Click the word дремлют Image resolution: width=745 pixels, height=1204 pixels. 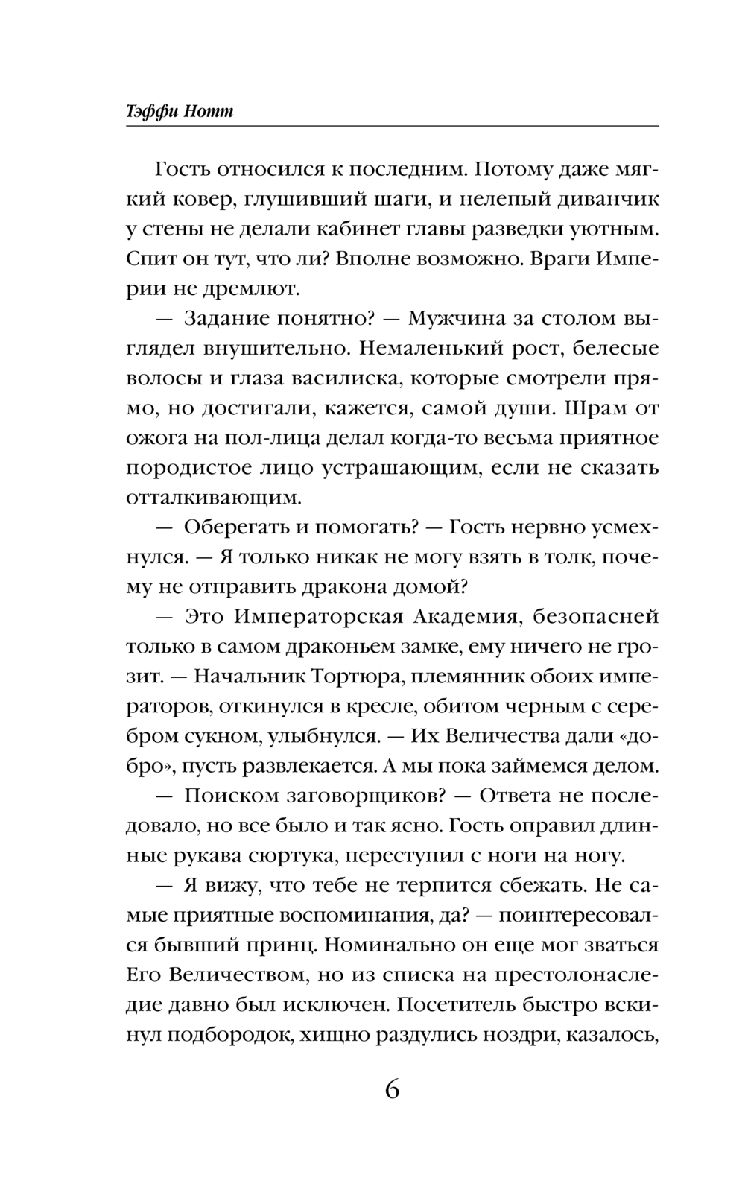click(x=239, y=289)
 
